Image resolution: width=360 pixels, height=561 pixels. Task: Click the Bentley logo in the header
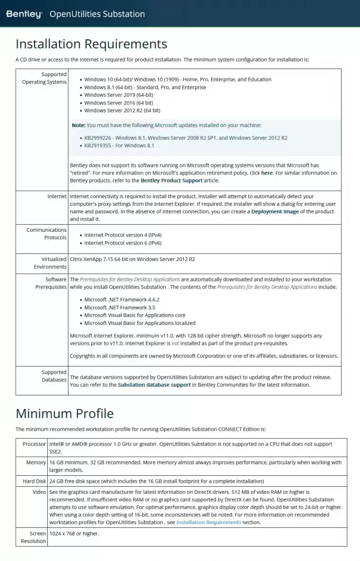point(24,14)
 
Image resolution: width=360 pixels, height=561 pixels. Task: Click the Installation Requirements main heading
point(91,44)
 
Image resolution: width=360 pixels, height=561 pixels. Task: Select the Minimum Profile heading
point(64,413)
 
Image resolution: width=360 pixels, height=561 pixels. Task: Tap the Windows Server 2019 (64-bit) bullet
point(118,95)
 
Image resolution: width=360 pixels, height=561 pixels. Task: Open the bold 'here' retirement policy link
point(267,173)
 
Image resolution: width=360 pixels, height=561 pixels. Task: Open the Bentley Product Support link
point(171,181)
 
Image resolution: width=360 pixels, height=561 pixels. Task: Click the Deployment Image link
point(275,211)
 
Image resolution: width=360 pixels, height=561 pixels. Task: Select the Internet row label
point(57,196)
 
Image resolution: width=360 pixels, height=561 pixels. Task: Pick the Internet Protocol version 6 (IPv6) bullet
point(123,243)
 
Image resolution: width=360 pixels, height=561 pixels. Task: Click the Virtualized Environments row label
point(47,263)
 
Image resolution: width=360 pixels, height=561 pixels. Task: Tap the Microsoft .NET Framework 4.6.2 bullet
point(122,299)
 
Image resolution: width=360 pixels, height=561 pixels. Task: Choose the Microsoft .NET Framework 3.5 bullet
point(119,307)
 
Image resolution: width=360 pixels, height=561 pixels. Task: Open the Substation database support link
point(154,385)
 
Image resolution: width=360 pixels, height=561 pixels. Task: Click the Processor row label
point(34,444)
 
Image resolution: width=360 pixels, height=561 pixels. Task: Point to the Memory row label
point(36,463)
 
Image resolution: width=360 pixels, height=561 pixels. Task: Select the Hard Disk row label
point(34,481)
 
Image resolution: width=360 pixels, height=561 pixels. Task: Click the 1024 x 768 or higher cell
point(74,534)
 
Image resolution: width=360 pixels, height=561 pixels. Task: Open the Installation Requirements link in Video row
point(208,522)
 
